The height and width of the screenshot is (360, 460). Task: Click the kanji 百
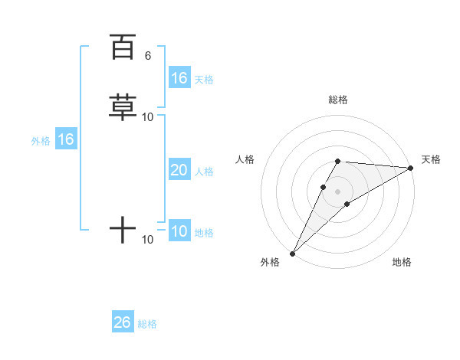click(123, 47)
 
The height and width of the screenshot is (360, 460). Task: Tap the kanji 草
click(123, 108)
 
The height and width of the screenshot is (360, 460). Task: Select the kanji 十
click(123, 230)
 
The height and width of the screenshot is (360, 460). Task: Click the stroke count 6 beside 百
click(148, 56)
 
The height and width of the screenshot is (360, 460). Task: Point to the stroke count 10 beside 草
click(148, 117)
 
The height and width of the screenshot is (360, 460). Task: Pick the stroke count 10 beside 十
click(148, 240)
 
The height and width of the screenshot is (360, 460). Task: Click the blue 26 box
click(123, 322)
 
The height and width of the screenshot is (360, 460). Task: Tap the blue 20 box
click(179, 170)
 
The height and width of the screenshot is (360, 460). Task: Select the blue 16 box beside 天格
click(179, 78)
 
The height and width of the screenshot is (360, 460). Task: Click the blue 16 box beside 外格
click(65, 139)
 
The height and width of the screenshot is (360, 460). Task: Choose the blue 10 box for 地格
click(179, 231)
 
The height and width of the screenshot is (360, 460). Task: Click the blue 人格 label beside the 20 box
click(205, 172)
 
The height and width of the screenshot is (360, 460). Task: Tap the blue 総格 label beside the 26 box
click(147, 324)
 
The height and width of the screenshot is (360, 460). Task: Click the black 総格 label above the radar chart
click(338, 100)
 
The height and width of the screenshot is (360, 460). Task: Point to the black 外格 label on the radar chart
click(270, 263)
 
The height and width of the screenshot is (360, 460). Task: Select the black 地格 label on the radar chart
click(402, 263)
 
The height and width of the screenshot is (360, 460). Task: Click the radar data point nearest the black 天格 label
click(410, 168)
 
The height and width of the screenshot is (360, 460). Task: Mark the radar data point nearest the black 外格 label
click(292, 254)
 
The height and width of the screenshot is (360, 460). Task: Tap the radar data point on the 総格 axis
click(338, 161)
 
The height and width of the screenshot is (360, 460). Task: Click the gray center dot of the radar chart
click(338, 191)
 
